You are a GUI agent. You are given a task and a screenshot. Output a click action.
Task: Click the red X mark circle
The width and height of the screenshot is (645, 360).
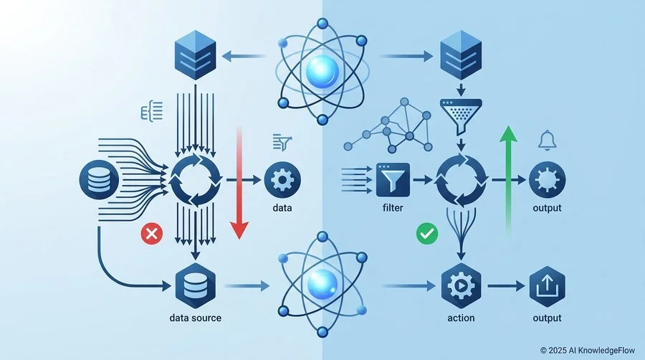coord(152,234)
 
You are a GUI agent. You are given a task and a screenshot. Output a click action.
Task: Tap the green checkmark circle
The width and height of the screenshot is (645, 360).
coord(427,234)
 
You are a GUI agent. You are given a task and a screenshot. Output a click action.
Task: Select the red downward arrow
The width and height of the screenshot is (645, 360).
coord(239,183)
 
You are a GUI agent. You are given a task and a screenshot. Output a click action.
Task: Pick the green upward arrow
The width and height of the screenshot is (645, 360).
coord(508,180)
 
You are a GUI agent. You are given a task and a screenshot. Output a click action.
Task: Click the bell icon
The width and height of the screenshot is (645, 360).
coord(547,141)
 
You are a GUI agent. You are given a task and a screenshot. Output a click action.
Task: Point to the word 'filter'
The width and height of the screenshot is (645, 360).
coord(393,208)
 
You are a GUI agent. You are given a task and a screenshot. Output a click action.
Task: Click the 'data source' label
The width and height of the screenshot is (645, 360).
coord(196,318)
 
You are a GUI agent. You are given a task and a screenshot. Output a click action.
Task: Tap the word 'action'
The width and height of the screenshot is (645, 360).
coord(461,318)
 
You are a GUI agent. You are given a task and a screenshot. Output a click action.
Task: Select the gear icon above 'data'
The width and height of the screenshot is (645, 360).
coord(282,180)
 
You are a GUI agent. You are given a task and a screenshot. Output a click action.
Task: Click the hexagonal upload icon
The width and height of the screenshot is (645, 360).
coord(547,286)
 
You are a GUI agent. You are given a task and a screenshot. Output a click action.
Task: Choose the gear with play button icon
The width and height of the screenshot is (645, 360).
coord(461,286)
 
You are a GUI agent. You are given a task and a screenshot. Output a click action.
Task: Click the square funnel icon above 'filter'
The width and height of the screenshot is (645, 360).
coord(393,180)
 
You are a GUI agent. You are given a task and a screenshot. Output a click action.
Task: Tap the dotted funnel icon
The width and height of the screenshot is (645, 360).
coord(461,116)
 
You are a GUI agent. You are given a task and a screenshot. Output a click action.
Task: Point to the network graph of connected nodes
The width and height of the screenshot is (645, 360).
coord(388,125)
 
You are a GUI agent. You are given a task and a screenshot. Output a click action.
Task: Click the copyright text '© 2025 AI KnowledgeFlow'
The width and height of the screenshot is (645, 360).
coord(588,351)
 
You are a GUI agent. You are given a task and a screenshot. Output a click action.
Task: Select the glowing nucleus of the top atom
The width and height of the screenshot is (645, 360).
coord(322,71)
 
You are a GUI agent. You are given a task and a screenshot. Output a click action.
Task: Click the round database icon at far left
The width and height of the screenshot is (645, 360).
coord(99,180)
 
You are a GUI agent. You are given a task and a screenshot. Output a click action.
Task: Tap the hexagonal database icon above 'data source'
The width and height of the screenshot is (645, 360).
coord(196,286)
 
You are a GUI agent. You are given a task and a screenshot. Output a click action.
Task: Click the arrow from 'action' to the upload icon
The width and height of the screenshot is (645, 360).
coord(507,286)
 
